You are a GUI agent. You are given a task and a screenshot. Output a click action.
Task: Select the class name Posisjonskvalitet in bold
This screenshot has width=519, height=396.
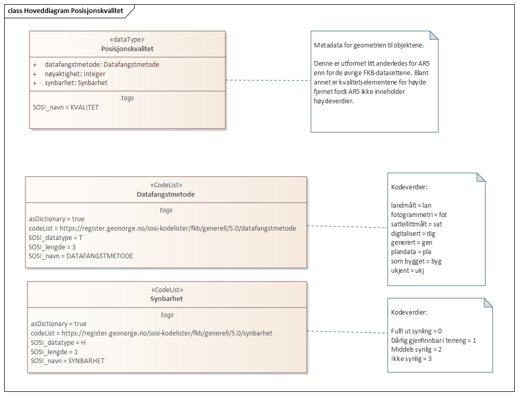click(x=127, y=49)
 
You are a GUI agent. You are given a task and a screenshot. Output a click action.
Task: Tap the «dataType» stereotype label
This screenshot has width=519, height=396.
click(x=127, y=39)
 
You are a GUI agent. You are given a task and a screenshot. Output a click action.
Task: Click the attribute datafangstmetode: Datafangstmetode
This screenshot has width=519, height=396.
click(x=102, y=65)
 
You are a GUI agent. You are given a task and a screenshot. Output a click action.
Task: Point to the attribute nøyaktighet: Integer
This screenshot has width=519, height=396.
click(x=75, y=74)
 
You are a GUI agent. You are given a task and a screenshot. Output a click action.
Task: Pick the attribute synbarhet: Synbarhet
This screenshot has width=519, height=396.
click(x=76, y=82)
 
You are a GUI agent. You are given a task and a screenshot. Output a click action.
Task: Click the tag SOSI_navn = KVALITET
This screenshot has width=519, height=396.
click(x=66, y=107)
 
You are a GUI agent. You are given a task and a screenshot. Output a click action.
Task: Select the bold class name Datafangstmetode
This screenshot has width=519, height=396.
click(x=166, y=194)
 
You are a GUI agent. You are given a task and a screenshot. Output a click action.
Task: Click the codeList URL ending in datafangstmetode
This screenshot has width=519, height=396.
click(x=162, y=228)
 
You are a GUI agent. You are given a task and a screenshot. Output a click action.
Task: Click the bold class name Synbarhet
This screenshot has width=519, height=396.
click(x=167, y=299)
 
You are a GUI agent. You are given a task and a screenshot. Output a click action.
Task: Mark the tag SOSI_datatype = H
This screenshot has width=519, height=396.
click(x=58, y=342)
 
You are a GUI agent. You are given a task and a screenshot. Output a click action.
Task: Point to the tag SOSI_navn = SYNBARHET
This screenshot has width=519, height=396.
click(x=67, y=361)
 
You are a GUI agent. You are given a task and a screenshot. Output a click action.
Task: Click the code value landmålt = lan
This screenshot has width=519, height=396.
click(x=411, y=206)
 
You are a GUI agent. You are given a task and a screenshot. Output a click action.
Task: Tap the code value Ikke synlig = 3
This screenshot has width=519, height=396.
click(x=411, y=359)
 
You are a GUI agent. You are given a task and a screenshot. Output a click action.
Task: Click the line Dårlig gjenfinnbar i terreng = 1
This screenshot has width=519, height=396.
click(x=433, y=340)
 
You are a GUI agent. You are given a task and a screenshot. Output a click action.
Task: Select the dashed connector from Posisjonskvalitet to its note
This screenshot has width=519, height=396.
click(x=268, y=80)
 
